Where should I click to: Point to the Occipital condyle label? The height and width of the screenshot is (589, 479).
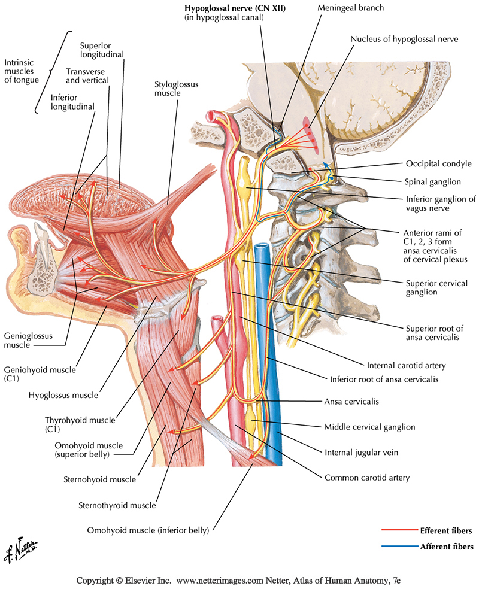pos(437,163)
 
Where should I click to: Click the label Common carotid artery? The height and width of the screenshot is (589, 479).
pos(367,478)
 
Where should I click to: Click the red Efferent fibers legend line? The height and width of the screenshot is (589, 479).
pos(399,530)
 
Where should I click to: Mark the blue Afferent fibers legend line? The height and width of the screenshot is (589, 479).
pos(399,546)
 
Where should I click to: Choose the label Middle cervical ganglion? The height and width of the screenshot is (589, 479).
pos(369,427)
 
